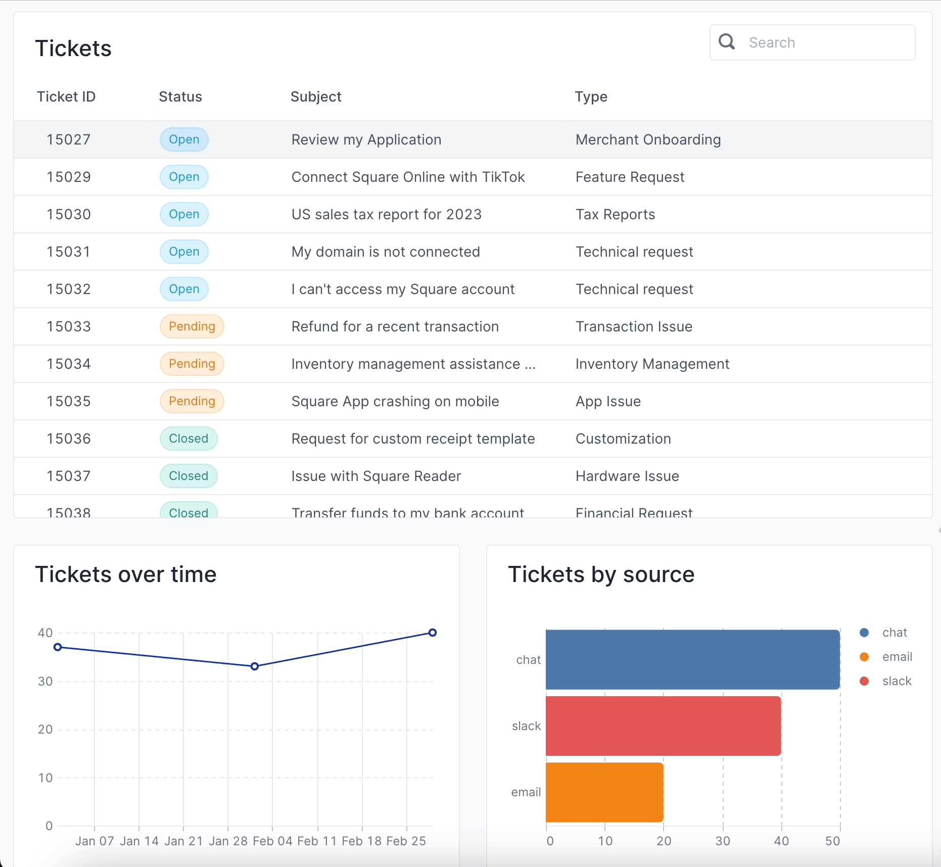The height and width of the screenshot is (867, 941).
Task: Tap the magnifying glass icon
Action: (727, 41)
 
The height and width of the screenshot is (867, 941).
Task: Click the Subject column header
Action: (316, 97)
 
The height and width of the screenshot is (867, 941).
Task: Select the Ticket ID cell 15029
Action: (69, 177)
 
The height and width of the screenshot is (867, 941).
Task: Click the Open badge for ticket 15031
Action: (184, 252)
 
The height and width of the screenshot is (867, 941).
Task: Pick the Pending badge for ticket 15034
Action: (192, 364)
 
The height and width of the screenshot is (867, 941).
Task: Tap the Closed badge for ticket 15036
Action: (189, 439)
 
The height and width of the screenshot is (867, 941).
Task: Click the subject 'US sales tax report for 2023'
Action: (386, 214)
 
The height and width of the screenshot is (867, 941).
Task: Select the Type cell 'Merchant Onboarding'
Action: (648, 139)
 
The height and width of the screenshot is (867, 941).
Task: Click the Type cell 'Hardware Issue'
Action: (627, 476)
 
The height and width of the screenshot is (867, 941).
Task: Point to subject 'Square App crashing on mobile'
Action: (395, 401)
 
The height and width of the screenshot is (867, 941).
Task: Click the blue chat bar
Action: (692, 659)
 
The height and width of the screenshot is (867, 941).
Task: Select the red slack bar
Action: (663, 726)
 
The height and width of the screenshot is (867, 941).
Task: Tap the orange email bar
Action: (604, 792)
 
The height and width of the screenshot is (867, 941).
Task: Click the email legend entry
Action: (896, 657)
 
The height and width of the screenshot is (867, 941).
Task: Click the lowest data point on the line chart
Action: (255, 666)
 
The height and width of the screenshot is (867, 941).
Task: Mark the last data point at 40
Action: (433, 633)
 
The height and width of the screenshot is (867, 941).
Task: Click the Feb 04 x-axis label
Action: (272, 841)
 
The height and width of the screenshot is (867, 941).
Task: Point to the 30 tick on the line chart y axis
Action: (45, 681)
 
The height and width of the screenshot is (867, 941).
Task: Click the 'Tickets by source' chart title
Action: (601, 574)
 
